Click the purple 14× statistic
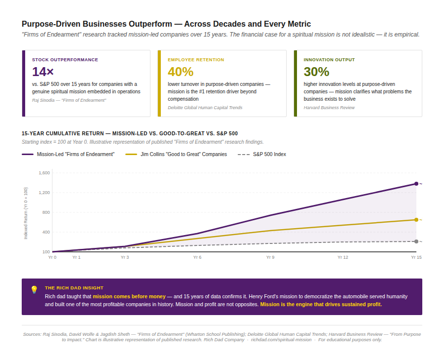(x=43, y=72)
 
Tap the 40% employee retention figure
(x=181, y=72)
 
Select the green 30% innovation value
(x=316, y=72)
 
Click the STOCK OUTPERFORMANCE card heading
(x=65, y=60)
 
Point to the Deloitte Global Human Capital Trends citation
(x=205, y=108)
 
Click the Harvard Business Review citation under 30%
(x=329, y=108)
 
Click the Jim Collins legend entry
(x=184, y=155)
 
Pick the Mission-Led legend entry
(x=75, y=155)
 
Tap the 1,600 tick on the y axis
(x=44, y=173)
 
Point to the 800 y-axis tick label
(x=46, y=212)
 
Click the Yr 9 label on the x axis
(x=270, y=257)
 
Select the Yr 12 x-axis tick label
(x=343, y=257)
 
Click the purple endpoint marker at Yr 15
(x=416, y=184)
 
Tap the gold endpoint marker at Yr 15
(x=416, y=220)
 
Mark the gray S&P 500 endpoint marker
(x=416, y=241)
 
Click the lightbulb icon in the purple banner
(x=34, y=290)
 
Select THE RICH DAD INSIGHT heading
(x=74, y=287)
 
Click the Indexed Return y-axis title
(x=26, y=213)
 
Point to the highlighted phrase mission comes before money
(x=129, y=296)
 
